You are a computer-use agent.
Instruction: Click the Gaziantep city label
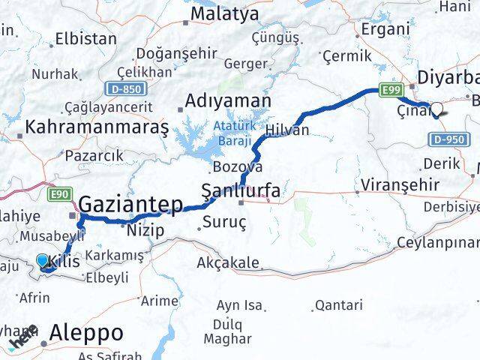tap(130, 203)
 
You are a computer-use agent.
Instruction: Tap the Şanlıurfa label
tap(241, 192)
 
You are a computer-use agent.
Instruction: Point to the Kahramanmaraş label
tap(97, 127)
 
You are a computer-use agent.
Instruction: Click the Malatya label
tap(224, 13)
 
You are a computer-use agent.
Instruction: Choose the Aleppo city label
tap(87, 333)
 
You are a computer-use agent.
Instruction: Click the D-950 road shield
tap(446, 139)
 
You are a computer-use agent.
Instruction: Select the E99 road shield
tap(389, 91)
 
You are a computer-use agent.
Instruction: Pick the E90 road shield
tap(59, 195)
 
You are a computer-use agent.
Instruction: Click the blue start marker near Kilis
tap(43, 261)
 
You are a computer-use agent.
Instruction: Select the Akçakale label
tap(227, 263)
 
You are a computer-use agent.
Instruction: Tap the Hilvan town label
tap(287, 130)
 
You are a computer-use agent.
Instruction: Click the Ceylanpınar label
tap(438, 242)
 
